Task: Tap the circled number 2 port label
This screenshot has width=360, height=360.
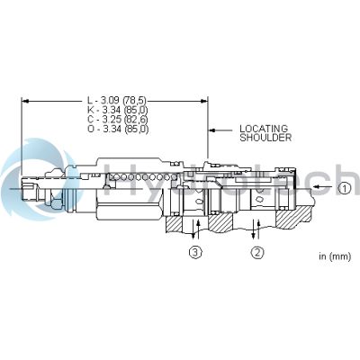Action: (x=257, y=253)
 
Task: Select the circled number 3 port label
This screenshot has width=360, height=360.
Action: (x=195, y=253)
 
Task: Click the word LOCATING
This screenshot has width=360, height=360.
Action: (x=264, y=129)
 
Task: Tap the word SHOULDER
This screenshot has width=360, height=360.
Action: (x=265, y=139)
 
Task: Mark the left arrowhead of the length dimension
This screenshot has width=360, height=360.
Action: (x=25, y=99)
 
